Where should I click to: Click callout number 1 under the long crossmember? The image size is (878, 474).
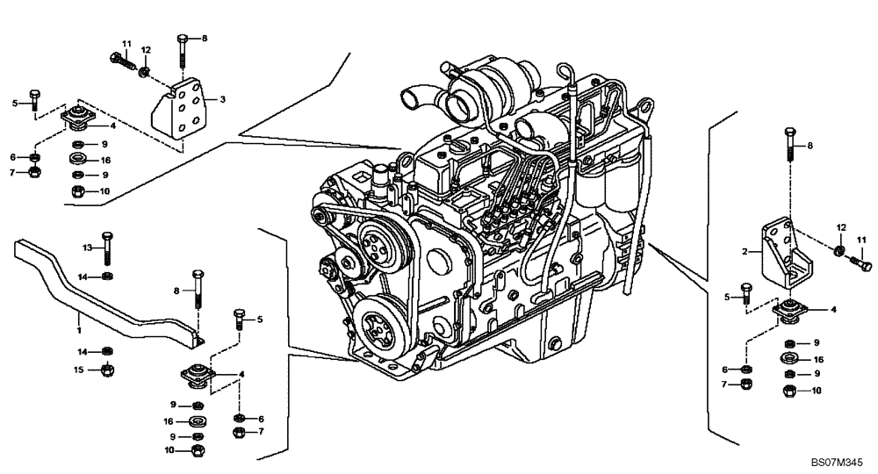click(78, 331)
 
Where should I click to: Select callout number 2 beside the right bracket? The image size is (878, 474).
click(745, 252)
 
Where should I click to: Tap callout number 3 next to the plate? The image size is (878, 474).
click(223, 101)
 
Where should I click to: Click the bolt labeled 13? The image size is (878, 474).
click(107, 248)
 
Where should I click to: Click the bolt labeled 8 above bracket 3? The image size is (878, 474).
click(182, 49)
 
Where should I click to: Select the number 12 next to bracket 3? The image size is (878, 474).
click(147, 49)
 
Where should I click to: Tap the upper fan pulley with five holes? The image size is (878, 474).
click(378, 242)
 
